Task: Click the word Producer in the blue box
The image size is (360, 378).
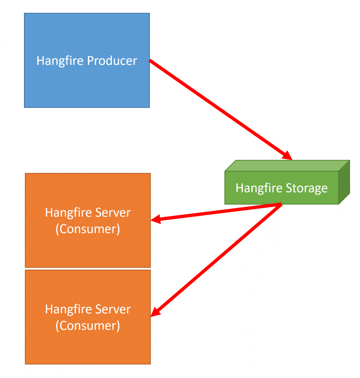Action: tap(112, 61)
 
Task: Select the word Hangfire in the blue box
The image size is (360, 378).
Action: tap(60, 61)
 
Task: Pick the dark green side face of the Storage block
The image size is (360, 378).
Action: tap(345, 182)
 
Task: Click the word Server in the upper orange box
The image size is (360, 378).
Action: tap(113, 213)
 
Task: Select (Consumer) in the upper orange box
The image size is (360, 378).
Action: tap(88, 229)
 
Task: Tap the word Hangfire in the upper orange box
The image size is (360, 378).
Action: tap(69, 213)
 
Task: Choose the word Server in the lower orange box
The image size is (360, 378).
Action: tap(113, 309)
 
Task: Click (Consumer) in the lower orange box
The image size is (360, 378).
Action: tap(88, 326)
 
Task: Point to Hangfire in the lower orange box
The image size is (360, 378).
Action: tap(69, 310)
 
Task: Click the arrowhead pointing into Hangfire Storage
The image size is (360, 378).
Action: tap(288, 155)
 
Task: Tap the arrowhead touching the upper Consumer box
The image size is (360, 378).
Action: tap(156, 219)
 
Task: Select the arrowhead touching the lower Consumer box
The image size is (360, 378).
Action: tap(155, 312)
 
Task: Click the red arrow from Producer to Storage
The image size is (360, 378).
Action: tap(221, 110)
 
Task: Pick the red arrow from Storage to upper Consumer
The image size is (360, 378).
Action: tap(216, 212)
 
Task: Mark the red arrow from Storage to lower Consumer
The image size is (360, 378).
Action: tap(216, 260)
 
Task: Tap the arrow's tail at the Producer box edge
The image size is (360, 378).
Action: tap(150, 60)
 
